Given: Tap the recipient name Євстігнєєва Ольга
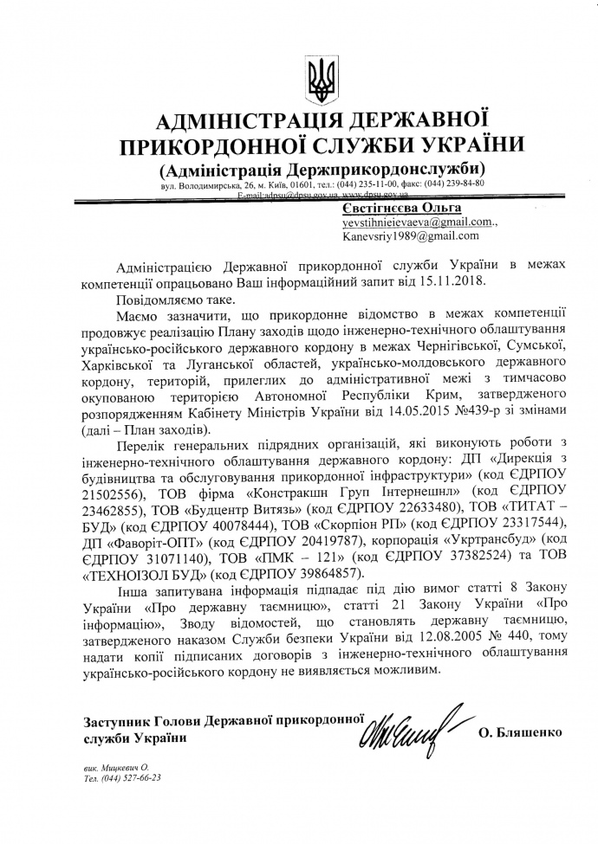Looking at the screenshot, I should [x=388, y=208].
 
